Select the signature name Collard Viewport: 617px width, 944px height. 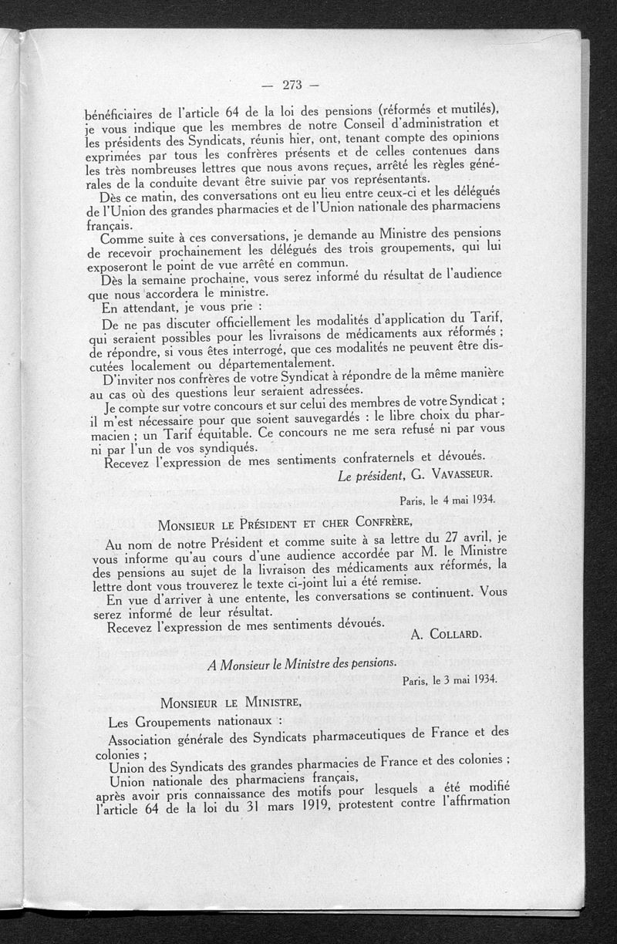click(454, 633)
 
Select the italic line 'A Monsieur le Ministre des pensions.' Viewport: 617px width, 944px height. click(302, 663)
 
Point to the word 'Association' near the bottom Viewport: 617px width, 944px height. click(143, 742)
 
